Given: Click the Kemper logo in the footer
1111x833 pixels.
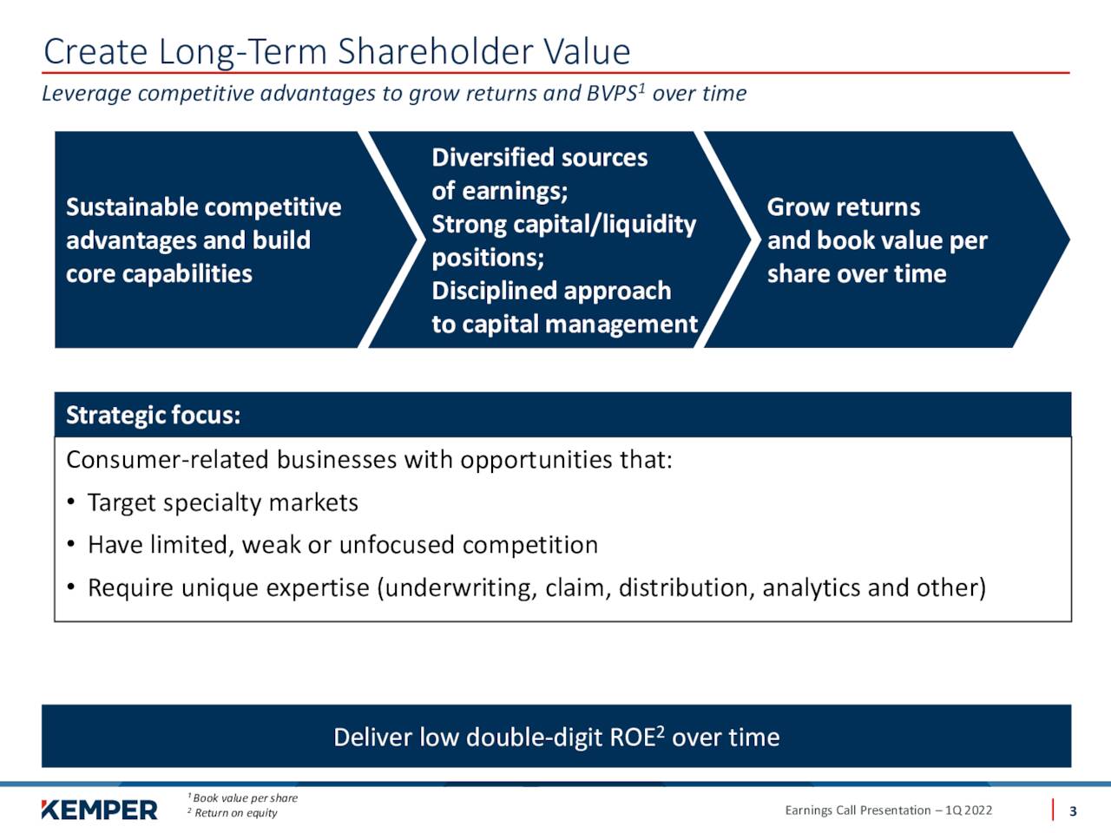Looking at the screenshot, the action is point(99,810).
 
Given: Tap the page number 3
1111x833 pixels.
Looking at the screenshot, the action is point(1073,811).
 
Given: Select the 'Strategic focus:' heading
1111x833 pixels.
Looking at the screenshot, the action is point(154,415).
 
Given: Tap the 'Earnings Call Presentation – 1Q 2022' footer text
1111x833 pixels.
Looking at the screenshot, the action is point(888,810).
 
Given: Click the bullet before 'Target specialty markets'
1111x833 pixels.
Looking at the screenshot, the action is point(71,502).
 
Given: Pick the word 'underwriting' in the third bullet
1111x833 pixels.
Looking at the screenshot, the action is point(461,588).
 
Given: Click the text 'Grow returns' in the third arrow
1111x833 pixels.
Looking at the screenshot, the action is point(844,207).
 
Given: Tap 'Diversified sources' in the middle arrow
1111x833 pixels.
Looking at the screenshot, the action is point(540,157).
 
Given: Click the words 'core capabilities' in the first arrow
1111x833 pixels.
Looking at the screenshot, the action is point(159,274).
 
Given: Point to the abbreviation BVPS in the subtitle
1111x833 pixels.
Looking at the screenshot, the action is point(612,94).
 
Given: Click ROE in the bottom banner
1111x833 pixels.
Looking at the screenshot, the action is point(633,738).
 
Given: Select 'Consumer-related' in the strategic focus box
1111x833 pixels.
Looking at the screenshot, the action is point(168,460).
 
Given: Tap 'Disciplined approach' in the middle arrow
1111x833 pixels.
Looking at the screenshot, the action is point(551,291).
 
